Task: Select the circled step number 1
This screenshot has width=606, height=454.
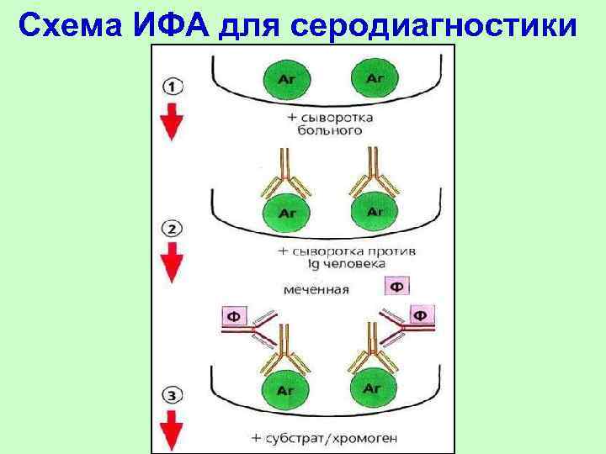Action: pyautogui.click(x=171, y=87)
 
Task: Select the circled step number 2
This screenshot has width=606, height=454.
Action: pyautogui.click(x=171, y=229)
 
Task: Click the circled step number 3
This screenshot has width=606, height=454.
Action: pyautogui.click(x=171, y=393)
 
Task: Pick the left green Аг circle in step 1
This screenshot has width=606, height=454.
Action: pyautogui.click(x=284, y=79)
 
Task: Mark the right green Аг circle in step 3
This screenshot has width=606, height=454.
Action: pyautogui.click(x=372, y=389)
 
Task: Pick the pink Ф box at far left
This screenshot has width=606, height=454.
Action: pyautogui.click(x=235, y=318)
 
